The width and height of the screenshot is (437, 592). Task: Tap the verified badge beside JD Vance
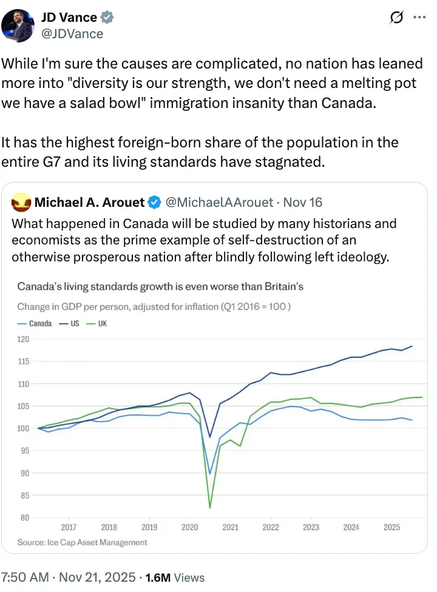click(105, 18)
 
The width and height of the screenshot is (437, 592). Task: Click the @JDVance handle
click(72, 33)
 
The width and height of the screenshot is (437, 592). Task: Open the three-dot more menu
click(419, 18)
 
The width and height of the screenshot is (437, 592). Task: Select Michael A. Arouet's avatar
click(21, 201)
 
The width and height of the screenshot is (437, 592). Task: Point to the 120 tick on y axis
click(24, 339)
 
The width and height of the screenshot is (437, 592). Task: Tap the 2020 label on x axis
click(190, 528)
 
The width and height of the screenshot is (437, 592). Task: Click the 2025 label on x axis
click(391, 528)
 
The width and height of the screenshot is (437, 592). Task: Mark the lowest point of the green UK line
click(209, 507)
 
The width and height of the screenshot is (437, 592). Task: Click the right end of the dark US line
click(412, 346)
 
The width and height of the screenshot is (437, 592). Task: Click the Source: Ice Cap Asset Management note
click(82, 542)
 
